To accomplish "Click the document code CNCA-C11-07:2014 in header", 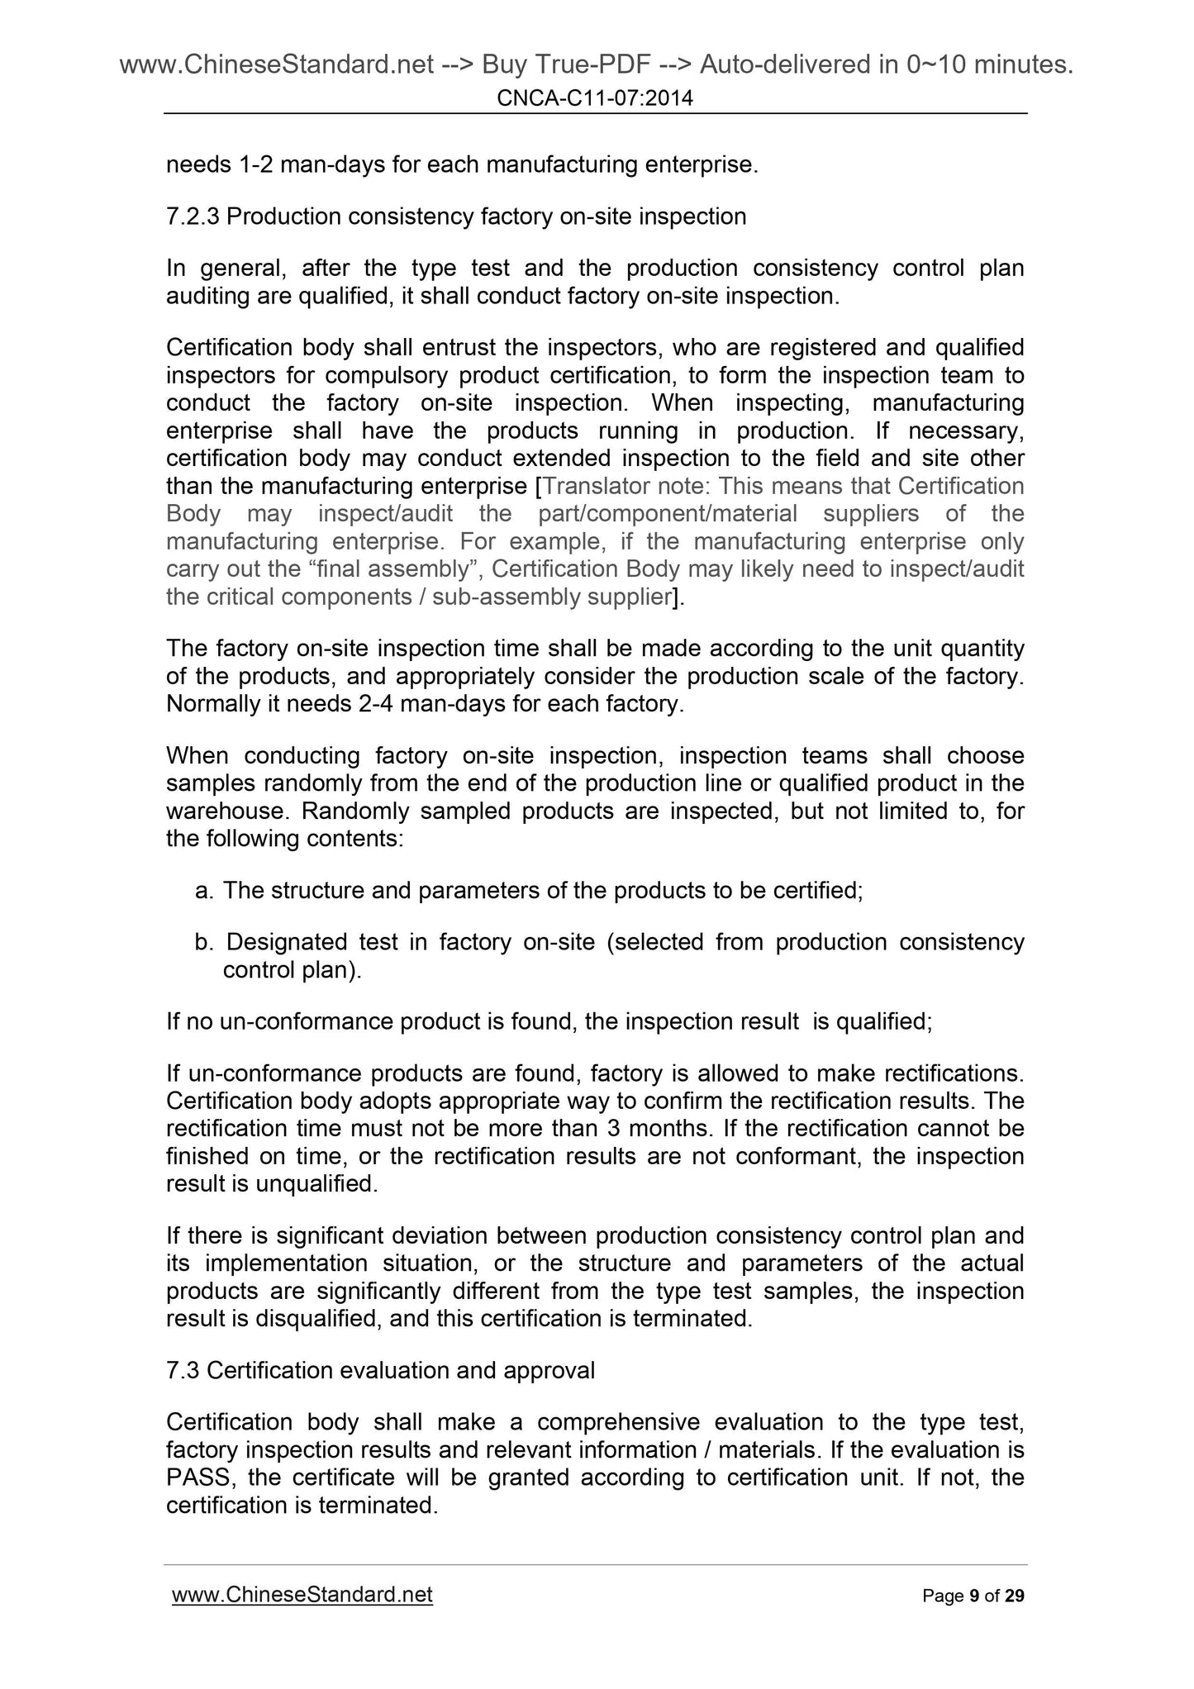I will coord(595,98).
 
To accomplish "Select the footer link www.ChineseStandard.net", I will coord(302,1595).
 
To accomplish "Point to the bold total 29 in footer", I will coord(1014,1596).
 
